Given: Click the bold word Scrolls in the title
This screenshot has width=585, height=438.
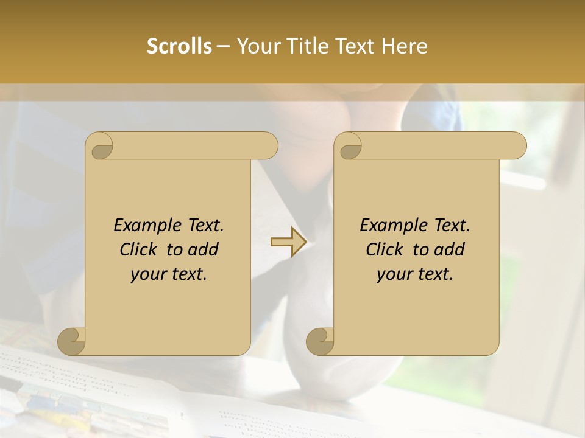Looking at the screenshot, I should pos(179,46).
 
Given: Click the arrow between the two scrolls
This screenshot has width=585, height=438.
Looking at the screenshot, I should pos(288,242).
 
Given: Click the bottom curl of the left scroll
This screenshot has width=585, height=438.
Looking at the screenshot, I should pos(72,341).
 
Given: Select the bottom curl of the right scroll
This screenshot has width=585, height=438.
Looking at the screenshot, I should pos(321,341).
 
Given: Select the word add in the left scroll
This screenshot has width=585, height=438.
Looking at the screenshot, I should pos(204,250).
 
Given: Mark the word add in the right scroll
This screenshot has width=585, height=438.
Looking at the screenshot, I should pos(450,250).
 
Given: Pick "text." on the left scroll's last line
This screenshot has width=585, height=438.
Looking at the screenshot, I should pos(187,275).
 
